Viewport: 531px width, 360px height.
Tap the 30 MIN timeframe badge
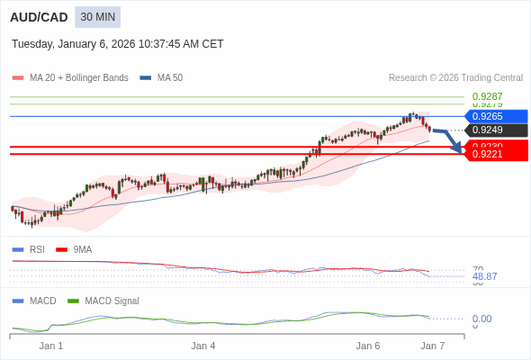[97, 17]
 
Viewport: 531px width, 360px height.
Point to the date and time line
[118, 44]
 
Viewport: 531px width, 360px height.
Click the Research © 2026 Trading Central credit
[455, 77]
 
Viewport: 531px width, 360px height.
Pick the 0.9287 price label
[487, 96]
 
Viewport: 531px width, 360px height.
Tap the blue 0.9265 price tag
[494, 116]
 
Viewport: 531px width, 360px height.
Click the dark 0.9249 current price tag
[494, 130]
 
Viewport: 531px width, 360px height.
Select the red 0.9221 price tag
[494, 155]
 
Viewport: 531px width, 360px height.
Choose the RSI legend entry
[36, 249]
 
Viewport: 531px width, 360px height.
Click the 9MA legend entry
[82, 249]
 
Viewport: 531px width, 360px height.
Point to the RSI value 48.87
[484, 276]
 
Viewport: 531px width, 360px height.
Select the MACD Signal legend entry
[112, 301]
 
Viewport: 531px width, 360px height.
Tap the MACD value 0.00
[481, 319]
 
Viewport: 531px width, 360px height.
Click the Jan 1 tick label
[51, 346]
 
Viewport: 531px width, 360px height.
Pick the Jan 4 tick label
[203, 346]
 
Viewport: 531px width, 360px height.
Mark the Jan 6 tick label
[368, 346]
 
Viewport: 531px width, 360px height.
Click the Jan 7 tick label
[433, 346]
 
